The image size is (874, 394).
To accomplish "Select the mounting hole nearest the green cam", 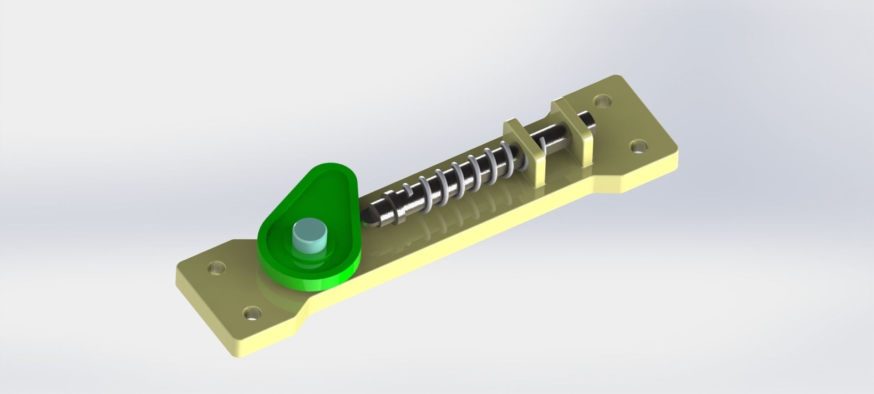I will tap(217, 268).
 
